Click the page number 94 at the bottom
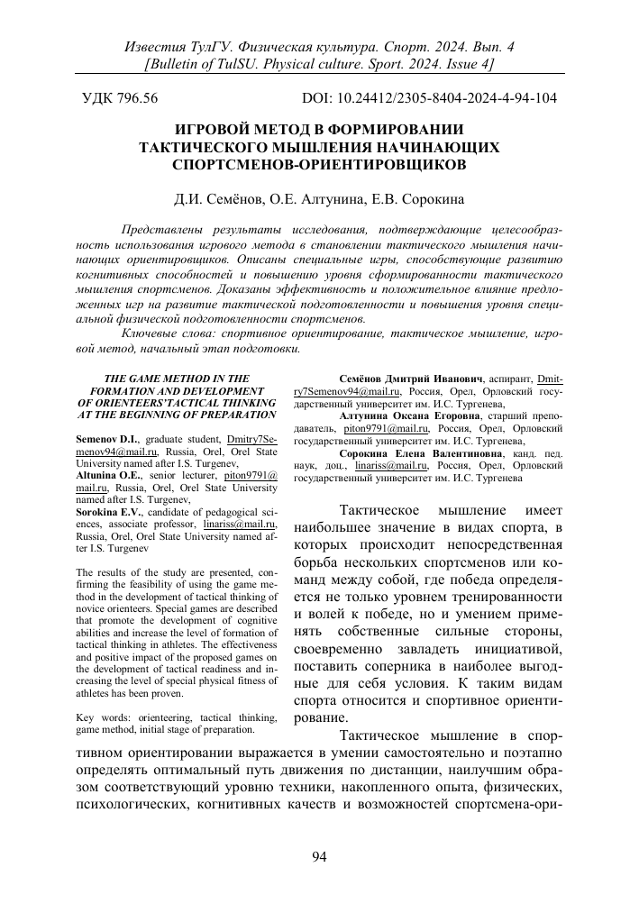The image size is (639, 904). (319, 857)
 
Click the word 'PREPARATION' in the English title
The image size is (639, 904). (234, 415)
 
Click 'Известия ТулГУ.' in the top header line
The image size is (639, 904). (171, 45)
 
